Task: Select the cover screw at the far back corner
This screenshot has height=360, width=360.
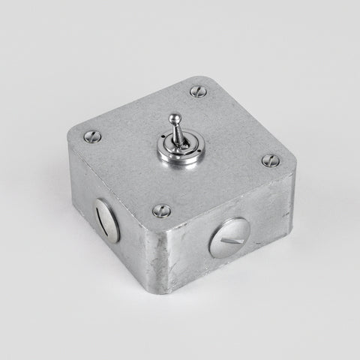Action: (196, 91)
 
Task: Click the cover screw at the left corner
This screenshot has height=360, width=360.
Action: (94, 136)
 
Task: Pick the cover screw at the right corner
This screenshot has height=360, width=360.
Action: (269, 159)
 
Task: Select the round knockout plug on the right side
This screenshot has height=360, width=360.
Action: (229, 238)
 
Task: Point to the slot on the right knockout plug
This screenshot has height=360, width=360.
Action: (230, 238)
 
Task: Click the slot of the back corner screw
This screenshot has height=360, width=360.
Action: (196, 91)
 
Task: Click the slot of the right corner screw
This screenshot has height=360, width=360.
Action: (269, 159)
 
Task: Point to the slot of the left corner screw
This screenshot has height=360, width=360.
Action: (94, 136)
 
